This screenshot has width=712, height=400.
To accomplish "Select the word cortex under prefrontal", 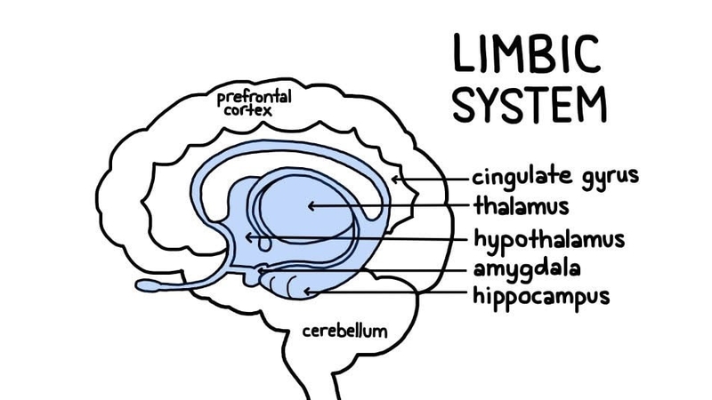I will (249, 111).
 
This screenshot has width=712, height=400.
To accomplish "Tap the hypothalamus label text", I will (548, 240).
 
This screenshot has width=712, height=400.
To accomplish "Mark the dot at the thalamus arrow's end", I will (311, 206).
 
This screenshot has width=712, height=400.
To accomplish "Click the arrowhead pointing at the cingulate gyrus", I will (397, 179).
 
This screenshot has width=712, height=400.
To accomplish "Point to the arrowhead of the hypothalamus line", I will (251, 237).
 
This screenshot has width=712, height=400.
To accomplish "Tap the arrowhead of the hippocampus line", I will (308, 290).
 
